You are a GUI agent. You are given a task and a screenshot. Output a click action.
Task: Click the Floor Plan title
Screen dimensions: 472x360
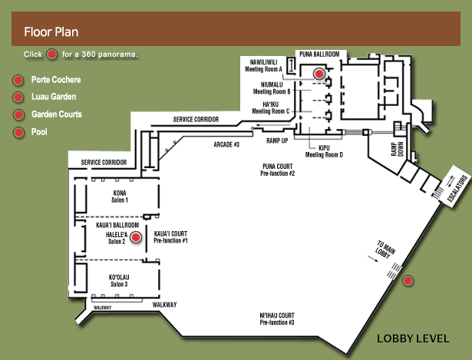pos(51,32)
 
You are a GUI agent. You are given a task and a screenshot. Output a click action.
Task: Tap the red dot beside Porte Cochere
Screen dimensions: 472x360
pos(18,81)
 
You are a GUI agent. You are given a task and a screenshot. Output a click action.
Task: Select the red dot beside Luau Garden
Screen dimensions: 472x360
pos(18,97)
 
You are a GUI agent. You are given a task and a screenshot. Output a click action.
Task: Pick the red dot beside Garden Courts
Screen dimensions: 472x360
pos(18,114)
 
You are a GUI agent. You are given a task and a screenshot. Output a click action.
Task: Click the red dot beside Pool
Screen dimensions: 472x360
pos(18,132)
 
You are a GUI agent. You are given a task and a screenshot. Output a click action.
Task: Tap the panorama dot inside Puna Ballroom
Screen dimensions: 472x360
pos(319,74)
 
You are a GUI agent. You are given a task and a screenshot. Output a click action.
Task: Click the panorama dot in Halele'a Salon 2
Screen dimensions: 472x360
pos(136,237)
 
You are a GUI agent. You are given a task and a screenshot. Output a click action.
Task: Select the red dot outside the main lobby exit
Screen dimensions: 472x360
pos(408,281)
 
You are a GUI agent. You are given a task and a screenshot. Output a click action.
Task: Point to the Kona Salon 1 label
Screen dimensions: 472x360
pos(120,197)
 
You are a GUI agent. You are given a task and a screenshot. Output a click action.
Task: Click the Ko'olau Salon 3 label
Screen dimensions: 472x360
pos(119,280)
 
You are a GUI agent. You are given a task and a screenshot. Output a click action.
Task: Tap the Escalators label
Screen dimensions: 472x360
pos(458,188)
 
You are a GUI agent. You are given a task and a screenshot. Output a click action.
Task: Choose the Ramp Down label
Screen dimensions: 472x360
pos(398,149)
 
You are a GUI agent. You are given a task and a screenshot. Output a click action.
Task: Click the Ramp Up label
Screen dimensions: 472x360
pos(277,140)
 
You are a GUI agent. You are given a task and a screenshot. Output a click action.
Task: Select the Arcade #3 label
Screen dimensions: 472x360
pos(226,145)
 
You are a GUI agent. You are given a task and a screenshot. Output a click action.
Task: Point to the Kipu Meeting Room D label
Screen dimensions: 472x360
pos(324,151)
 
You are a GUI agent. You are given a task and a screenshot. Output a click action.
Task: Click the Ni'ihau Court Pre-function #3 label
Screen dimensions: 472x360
pos(277,319)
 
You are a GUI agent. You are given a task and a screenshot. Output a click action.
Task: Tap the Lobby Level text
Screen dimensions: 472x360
pos(413,339)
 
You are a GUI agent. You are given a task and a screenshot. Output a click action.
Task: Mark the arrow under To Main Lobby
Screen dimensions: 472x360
pos(373,259)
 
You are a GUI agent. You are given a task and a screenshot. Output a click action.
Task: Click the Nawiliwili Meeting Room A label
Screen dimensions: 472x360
pos(264,65)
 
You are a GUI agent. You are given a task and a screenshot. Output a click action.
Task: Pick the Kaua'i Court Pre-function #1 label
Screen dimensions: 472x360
pos(170,237)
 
